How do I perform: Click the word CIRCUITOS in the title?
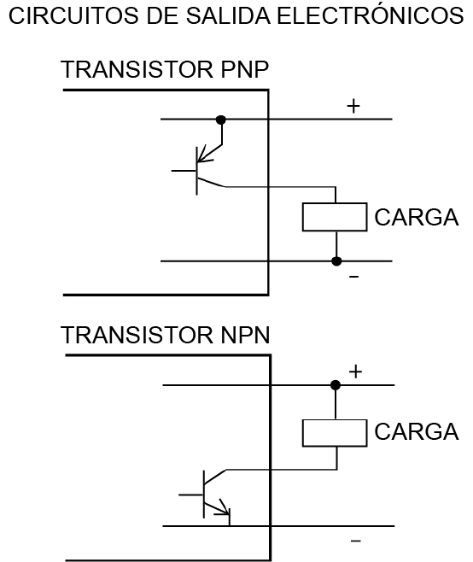73,16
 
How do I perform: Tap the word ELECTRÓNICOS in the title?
371,15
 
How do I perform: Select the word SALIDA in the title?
228,16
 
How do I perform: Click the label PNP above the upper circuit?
245,69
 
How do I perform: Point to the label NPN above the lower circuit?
245,335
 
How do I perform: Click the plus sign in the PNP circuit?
353,106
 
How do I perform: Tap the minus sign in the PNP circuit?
353,277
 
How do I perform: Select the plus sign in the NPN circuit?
355,372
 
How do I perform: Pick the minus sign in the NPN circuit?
355,541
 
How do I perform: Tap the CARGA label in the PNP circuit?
417,217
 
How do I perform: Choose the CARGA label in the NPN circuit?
417,431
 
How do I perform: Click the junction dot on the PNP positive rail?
221,120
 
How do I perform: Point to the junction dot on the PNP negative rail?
336,261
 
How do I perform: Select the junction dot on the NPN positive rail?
335,385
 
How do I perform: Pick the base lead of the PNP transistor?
184,171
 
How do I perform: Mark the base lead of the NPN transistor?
191,495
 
